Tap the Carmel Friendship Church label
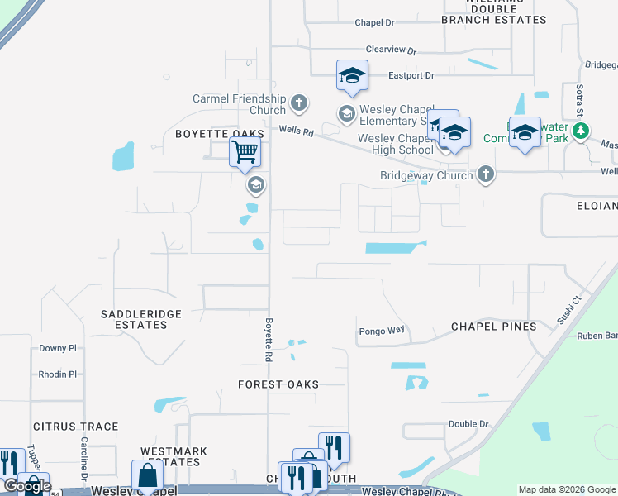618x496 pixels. point(239,104)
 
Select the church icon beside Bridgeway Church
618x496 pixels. point(487,174)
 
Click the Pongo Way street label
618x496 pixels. point(382,331)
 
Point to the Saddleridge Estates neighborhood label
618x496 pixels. point(134,319)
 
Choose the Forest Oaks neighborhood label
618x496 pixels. point(278,384)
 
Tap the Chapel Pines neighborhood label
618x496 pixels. point(493,327)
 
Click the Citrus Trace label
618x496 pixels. point(76,427)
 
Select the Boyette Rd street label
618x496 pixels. point(269,340)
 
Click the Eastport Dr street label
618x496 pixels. point(412,76)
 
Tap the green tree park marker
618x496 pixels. point(581,131)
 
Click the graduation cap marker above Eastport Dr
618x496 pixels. point(353,76)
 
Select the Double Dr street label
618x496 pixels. point(468,424)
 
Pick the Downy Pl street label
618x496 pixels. point(57,349)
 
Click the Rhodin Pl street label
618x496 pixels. point(57,374)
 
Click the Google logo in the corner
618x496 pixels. point(27,486)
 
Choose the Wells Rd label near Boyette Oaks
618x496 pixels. point(296,131)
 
